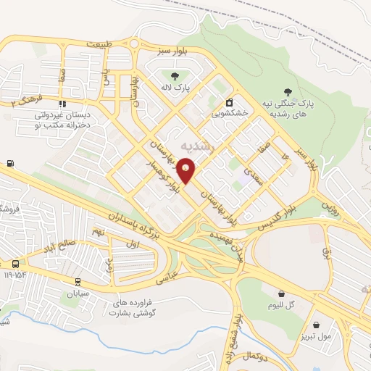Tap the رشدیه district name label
198,145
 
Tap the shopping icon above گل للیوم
280,293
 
